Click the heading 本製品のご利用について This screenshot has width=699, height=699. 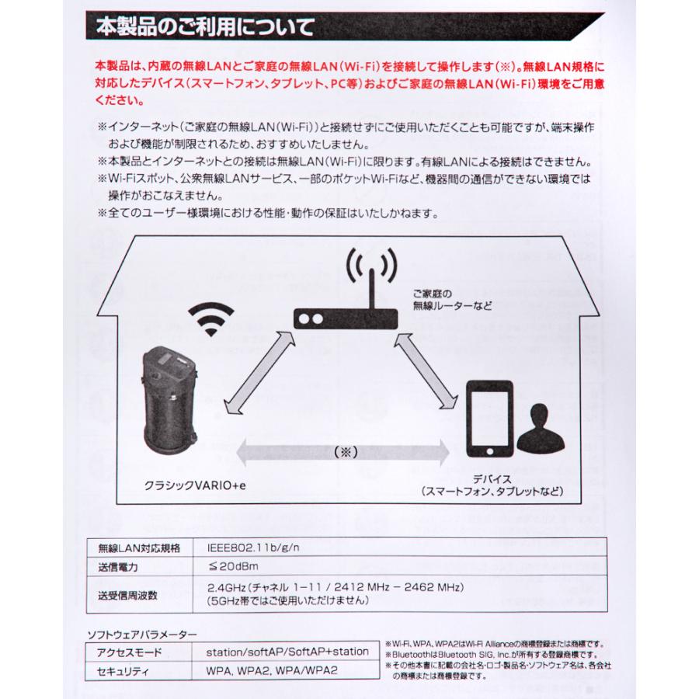click(205, 29)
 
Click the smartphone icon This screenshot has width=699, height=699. click(489, 419)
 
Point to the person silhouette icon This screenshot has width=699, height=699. click(541, 431)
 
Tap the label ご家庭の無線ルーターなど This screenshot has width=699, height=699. click(453, 299)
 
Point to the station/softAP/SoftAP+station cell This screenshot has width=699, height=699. click(287, 652)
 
